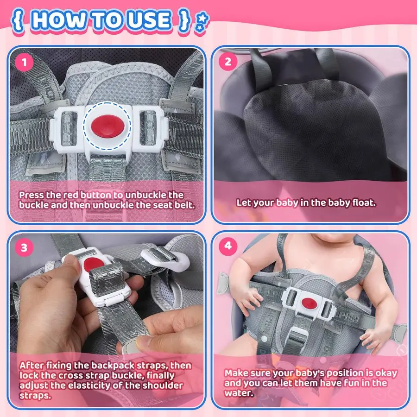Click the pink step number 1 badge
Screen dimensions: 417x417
tap(24, 63)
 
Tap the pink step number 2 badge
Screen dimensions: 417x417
tap(228, 62)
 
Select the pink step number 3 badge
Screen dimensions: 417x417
tap(24, 247)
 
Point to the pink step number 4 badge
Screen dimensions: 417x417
tap(228, 246)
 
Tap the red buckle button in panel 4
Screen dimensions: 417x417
tap(309, 303)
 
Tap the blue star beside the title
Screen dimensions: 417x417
tap(203, 18)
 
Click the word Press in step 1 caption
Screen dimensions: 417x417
tap(32, 195)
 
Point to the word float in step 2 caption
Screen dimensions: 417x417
tap(364, 202)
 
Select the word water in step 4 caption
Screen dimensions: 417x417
tap(238, 393)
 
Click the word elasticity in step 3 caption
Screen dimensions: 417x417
tap(98, 385)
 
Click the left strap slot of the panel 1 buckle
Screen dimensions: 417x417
tap(69, 129)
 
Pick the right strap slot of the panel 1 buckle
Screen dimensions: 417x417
tap(147, 128)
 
